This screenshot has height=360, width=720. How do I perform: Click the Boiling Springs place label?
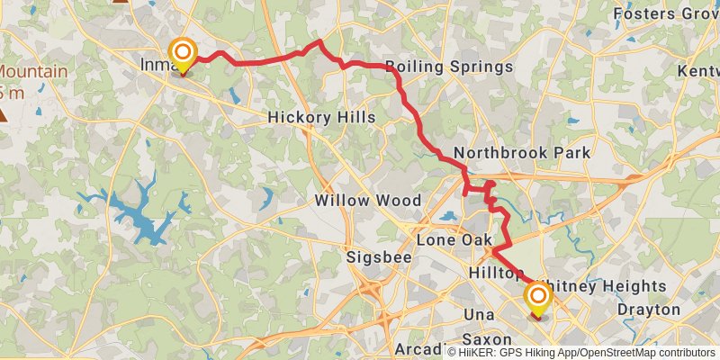[449, 67]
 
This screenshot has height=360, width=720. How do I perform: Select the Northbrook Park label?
[522, 153]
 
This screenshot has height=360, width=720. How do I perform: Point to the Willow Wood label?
[368, 200]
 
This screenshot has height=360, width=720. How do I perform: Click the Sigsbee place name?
[379, 258]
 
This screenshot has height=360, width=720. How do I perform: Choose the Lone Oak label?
[454, 240]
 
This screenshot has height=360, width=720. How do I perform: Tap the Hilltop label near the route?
[495, 273]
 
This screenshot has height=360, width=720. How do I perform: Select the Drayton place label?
[649, 310]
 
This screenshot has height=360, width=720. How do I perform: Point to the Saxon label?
[487, 340]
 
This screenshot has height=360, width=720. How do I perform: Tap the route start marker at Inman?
[183, 55]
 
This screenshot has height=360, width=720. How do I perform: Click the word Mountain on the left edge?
[32, 72]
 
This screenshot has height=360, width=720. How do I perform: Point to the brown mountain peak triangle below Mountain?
[5, 114]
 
